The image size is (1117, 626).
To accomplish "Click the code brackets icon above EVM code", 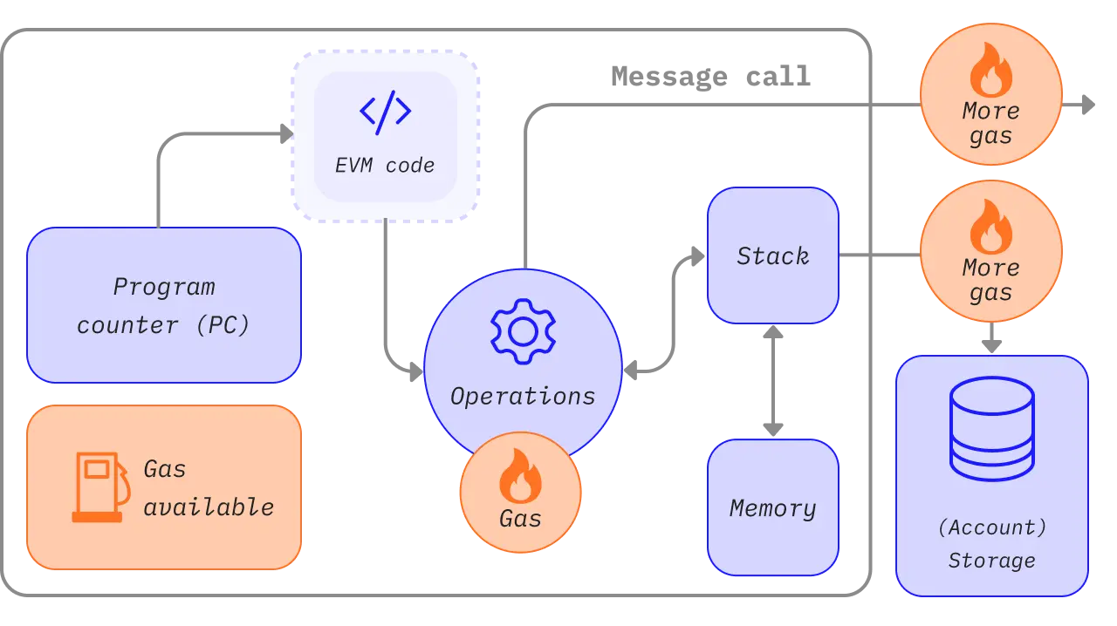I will click(385, 112).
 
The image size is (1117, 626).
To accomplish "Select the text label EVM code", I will click(385, 166).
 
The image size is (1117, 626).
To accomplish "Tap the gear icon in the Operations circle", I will click(522, 331).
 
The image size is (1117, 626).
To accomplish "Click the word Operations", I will click(523, 397).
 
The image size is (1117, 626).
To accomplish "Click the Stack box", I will click(772, 256).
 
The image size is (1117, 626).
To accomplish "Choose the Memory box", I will click(772, 507).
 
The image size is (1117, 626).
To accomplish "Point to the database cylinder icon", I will click(992, 428).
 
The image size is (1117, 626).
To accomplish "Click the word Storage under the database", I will click(992, 561).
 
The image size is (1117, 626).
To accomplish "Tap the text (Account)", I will click(992, 527).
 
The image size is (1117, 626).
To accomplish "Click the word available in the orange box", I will click(209, 507).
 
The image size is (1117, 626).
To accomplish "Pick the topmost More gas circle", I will click(991, 95).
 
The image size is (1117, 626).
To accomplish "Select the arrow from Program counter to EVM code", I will click(218, 133).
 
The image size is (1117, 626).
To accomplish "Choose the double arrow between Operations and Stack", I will click(672, 331).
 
